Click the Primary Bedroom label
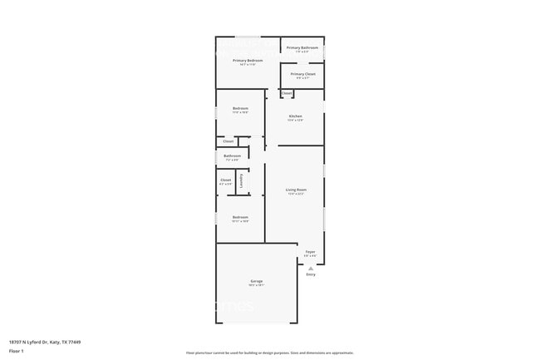click(x=248, y=61)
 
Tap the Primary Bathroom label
click(x=302, y=48)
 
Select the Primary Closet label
click(x=302, y=74)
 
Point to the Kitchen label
click(x=296, y=116)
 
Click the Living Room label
click(x=297, y=190)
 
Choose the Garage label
click(x=257, y=282)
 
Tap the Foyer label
click(x=310, y=252)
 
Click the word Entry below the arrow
click(x=311, y=275)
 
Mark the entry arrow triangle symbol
click(x=311, y=269)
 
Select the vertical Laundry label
click(x=242, y=181)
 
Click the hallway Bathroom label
click(x=233, y=155)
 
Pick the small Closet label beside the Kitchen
click(x=287, y=93)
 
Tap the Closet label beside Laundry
click(x=226, y=180)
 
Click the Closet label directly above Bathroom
click(x=228, y=141)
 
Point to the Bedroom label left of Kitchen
click(x=240, y=109)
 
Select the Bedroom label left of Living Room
click(x=240, y=218)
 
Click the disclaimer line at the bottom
click(x=269, y=353)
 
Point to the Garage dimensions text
click(x=257, y=286)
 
